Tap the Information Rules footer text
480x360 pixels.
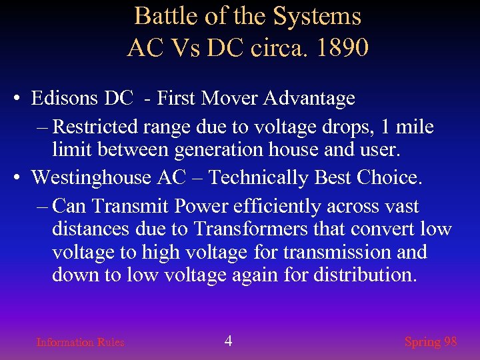click(80, 342)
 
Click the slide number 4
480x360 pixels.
click(228, 341)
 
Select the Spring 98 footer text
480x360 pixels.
click(431, 342)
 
